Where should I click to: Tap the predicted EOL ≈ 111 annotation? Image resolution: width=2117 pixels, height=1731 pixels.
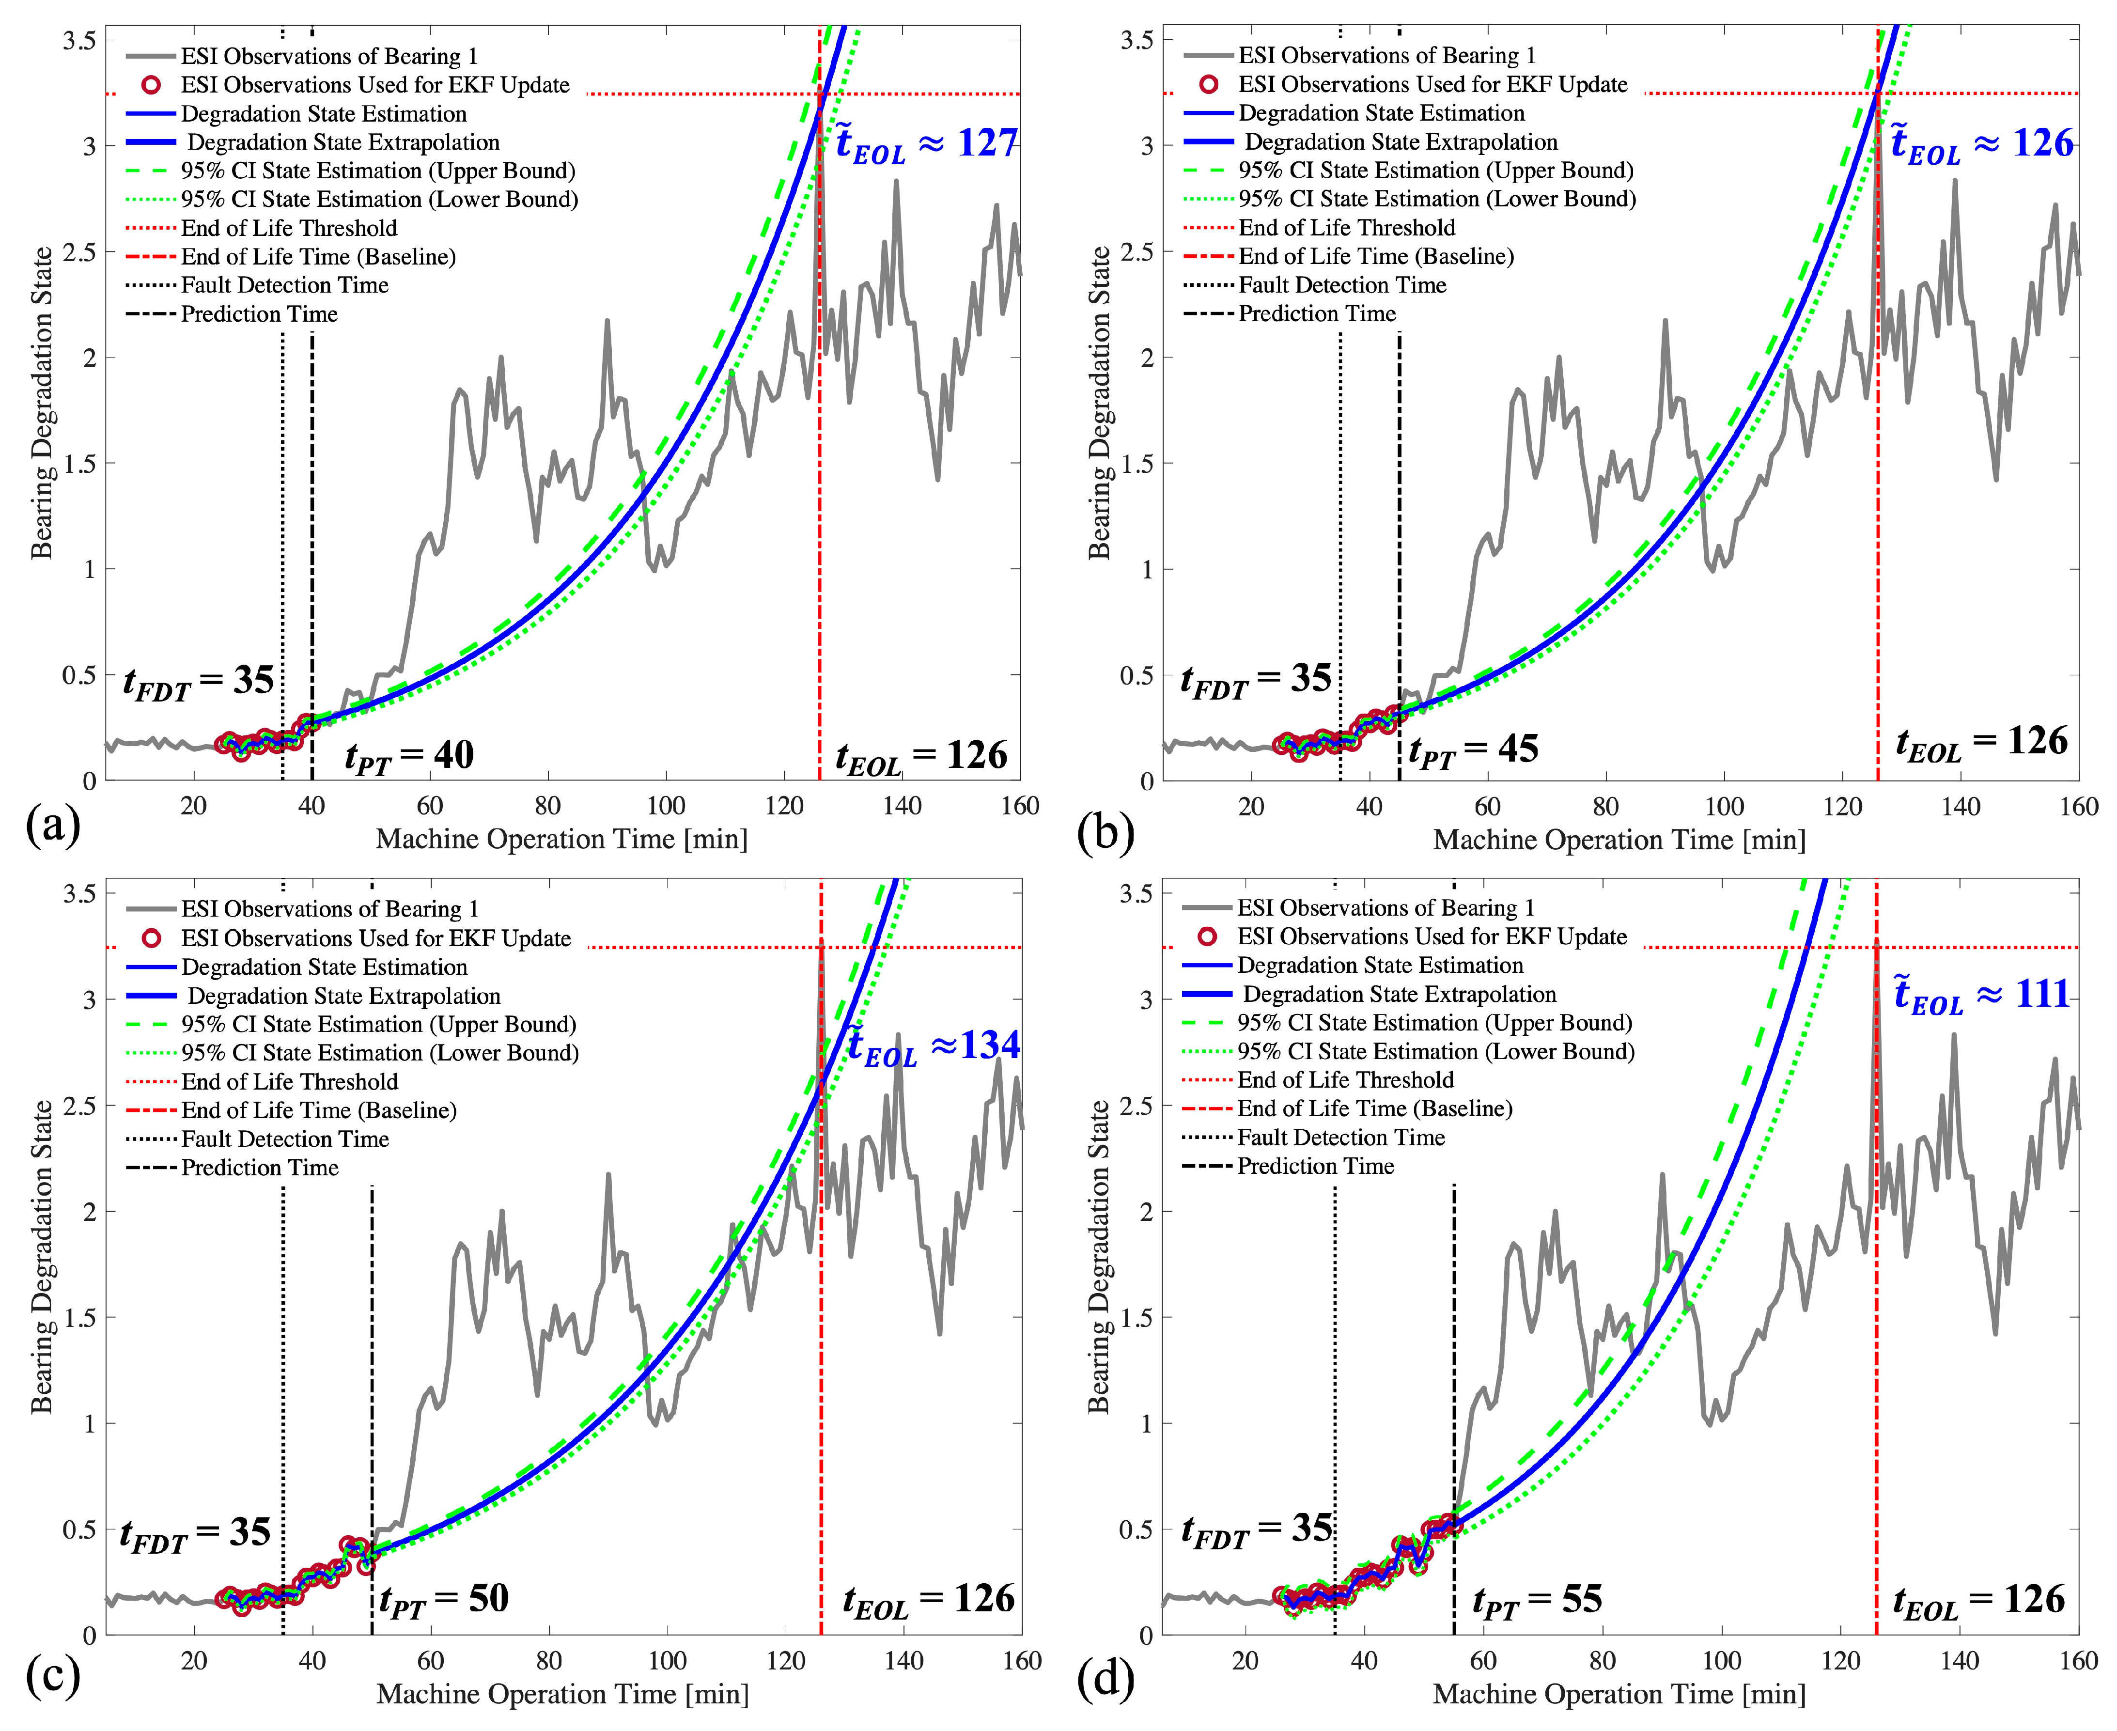tap(1981, 995)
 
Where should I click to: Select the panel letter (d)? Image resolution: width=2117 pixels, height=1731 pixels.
tap(1106, 1679)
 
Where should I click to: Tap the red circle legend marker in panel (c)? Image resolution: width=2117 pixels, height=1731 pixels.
tap(152, 938)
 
